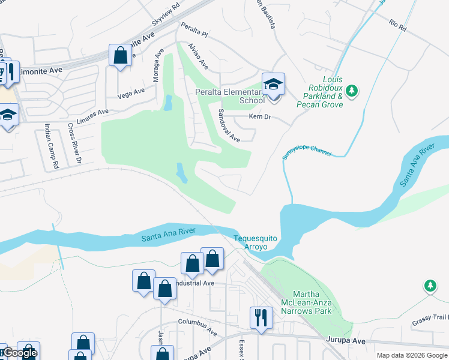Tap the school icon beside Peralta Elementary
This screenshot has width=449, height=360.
pos(273,85)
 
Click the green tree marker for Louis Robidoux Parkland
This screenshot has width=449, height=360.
pos(352,91)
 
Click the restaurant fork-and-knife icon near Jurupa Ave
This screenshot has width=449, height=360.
pos(261,317)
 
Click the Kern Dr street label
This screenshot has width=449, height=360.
pos(261,116)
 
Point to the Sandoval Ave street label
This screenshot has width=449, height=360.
pos(229,125)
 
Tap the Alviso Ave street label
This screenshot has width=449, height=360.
pos(197,55)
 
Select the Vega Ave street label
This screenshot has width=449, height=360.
pos(131,92)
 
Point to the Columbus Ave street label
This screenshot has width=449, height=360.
pos(197,326)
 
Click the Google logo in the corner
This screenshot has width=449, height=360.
pos(19,353)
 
